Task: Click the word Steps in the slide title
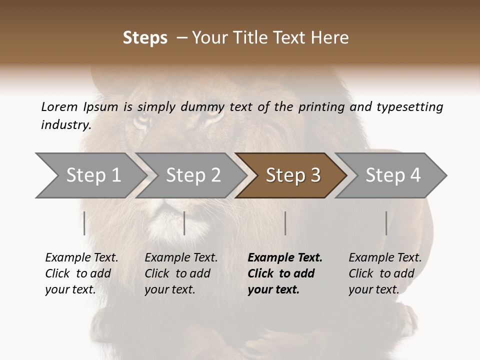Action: pyautogui.click(x=145, y=38)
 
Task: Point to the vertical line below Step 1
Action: pyautogui.click(x=84, y=223)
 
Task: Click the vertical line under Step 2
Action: pyautogui.click(x=184, y=223)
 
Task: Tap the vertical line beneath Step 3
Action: pyautogui.click(x=285, y=223)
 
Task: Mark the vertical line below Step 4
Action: pyautogui.click(x=386, y=223)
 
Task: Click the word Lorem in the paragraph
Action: pyautogui.click(x=59, y=106)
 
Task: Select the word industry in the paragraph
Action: pyautogui.click(x=65, y=125)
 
